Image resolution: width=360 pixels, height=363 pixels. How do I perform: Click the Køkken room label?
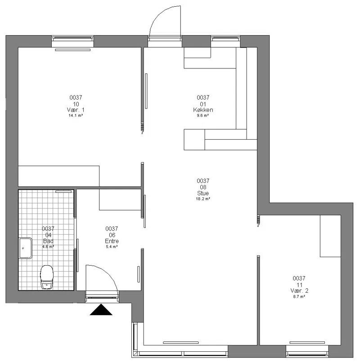(203, 110)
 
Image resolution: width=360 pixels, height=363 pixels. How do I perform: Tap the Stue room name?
(203, 193)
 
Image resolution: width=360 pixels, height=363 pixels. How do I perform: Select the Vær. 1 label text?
(76, 110)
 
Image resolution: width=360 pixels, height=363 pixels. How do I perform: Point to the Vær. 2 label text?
(299, 290)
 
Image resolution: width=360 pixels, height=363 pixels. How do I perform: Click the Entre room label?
(112, 241)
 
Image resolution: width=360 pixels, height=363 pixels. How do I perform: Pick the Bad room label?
(48, 241)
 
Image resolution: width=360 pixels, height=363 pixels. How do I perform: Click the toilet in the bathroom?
(47, 277)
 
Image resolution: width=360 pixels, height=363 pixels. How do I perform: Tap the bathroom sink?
(26, 248)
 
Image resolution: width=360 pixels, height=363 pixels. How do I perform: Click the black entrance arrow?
(101, 310)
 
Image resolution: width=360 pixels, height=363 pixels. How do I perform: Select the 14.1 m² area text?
(76, 116)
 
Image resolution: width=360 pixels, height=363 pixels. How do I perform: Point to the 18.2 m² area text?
(203, 199)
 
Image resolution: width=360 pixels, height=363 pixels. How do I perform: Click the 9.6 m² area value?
(203, 116)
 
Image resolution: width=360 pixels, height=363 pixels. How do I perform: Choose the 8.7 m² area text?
(299, 296)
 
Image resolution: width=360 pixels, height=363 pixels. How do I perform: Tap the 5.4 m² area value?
(112, 247)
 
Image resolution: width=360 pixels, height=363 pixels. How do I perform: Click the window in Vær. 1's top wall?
(72, 38)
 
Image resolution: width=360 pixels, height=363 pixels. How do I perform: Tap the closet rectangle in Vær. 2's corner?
(330, 236)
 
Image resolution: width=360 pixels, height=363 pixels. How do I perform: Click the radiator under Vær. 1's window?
(72, 50)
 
